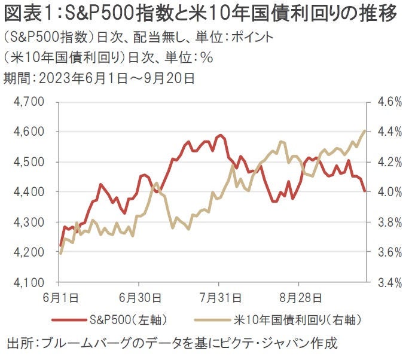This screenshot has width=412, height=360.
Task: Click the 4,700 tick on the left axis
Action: [28, 102]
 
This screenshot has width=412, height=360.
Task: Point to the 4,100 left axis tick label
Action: [28, 282]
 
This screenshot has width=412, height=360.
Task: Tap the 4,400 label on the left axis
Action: [28, 192]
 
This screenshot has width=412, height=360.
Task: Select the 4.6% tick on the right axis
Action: [389, 102]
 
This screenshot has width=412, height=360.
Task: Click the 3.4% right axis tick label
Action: [389, 282]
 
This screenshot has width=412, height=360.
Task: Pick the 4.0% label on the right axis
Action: [389, 192]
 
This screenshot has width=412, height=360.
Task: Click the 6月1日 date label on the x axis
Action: [59, 296]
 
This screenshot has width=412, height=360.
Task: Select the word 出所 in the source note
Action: [19, 344]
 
